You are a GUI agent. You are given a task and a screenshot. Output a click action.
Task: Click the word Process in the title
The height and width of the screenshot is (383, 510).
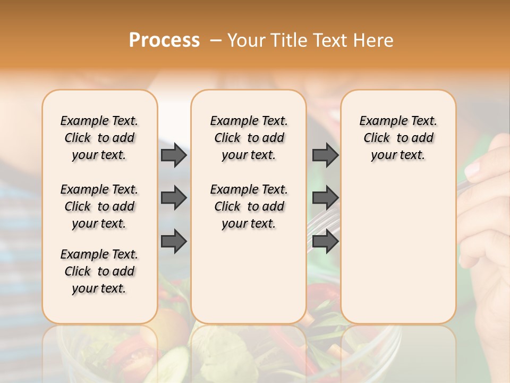click(164, 40)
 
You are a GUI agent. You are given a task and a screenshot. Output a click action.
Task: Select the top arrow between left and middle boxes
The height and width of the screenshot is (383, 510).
click(174, 155)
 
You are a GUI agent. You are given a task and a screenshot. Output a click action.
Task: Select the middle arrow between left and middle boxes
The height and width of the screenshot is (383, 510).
click(174, 198)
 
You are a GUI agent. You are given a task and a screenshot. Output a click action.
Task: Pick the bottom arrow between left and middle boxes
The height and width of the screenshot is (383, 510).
click(174, 241)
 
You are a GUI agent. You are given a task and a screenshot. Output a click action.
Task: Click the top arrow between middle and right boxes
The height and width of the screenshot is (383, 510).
click(325, 155)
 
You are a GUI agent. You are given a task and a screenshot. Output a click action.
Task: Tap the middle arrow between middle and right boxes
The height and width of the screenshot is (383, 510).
click(325, 198)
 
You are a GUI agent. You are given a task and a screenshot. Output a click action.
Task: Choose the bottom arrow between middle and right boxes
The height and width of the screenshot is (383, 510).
click(325, 241)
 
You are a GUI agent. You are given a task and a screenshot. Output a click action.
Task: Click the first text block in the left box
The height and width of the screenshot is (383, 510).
click(99, 138)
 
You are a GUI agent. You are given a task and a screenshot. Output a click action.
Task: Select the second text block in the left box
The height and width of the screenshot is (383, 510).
click(99, 206)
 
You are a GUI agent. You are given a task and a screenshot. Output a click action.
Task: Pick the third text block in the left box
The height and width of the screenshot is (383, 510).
click(99, 271)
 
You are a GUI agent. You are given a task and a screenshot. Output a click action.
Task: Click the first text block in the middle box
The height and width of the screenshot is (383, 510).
click(249, 138)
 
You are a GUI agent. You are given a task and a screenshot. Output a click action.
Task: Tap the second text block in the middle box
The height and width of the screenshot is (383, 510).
click(249, 206)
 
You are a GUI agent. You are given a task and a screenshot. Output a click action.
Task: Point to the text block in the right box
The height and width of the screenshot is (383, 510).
click(398, 138)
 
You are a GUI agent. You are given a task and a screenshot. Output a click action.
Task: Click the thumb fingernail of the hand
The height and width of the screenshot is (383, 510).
click(472, 170)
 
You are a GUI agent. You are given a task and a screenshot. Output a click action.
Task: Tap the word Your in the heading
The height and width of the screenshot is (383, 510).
click(246, 40)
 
